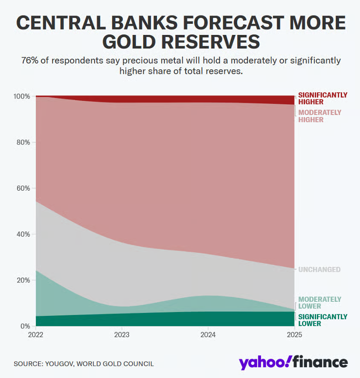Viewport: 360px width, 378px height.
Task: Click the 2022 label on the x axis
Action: click(x=36, y=335)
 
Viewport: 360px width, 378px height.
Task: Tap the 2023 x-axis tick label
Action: click(x=122, y=335)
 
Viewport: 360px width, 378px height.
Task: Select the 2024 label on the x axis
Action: click(x=208, y=335)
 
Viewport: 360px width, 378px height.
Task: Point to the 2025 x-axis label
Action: click(x=294, y=335)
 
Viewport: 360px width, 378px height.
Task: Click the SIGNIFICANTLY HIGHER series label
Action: click(x=323, y=99)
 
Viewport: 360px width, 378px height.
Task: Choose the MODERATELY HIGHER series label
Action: click(x=319, y=116)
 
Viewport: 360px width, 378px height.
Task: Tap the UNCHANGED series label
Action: click(x=319, y=270)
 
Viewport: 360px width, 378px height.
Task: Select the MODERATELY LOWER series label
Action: click(x=319, y=303)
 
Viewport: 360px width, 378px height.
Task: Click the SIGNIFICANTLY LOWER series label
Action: click(x=323, y=320)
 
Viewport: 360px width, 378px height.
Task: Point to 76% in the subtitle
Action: click(x=30, y=61)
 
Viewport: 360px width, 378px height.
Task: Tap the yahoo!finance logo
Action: click(x=293, y=362)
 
